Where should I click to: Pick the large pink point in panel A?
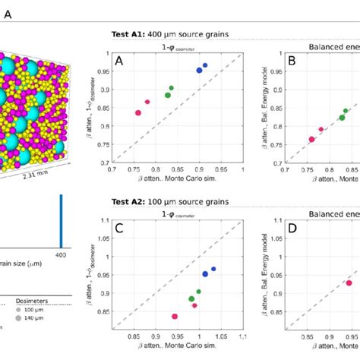138,113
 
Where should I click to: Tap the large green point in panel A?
168,95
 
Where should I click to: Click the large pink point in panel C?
175,316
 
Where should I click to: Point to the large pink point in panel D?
349,283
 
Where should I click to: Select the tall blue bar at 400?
61,220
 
